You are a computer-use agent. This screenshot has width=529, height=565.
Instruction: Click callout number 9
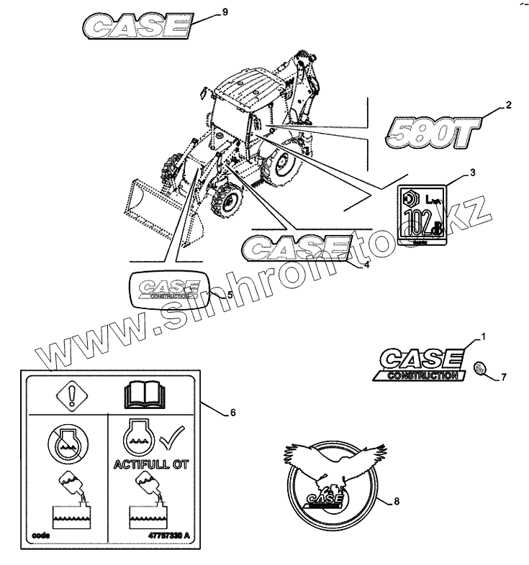[225, 12]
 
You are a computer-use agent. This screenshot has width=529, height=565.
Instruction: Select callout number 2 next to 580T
[509, 106]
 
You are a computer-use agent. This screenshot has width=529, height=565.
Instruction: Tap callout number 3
[472, 173]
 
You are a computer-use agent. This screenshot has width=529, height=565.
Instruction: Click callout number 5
[230, 294]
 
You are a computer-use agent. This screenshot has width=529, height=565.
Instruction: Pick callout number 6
[232, 413]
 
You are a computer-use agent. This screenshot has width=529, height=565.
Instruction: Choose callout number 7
[504, 376]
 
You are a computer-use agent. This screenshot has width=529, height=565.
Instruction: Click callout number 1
[484, 336]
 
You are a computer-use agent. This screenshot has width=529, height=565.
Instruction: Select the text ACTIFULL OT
[150, 464]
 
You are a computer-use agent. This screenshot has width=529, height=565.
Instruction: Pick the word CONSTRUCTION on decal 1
[422, 375]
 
